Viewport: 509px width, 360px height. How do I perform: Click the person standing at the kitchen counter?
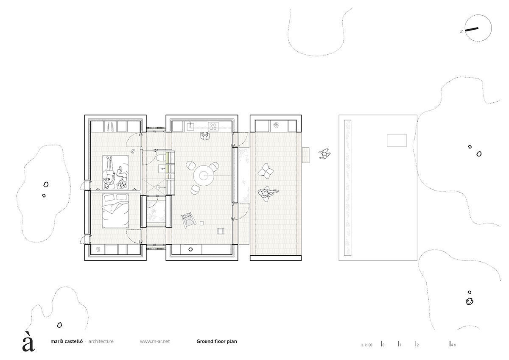point(205,137)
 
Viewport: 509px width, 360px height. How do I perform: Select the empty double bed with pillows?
point(115,210)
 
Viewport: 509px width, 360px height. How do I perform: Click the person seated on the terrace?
point(266,193)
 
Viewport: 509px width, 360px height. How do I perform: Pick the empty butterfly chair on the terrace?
point(266,171)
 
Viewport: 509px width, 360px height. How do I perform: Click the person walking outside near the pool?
point(325,154)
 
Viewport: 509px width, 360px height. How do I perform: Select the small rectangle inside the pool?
point(397,140)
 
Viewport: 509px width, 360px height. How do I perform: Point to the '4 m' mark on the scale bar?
point(453,345)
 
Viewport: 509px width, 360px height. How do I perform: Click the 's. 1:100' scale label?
point(366,345)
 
